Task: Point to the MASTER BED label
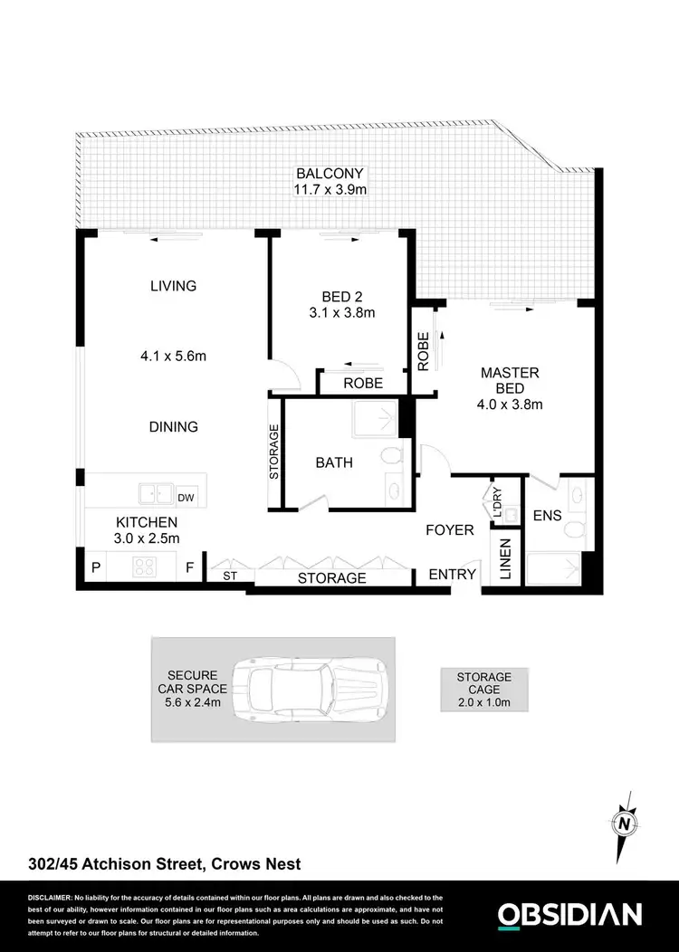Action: [x=510, y=380]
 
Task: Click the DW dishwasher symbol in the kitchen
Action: [x=186, y=497]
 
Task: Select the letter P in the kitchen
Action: [x=97, y=569]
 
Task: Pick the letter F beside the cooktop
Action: [x=189, y=569]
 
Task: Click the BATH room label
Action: [x=334, y=462]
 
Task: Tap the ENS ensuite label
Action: [x=548, y=516]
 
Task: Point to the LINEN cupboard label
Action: [x=505, y=558]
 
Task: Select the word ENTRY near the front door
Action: [x=451, y=574]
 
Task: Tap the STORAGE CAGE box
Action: [x=483, y=690]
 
